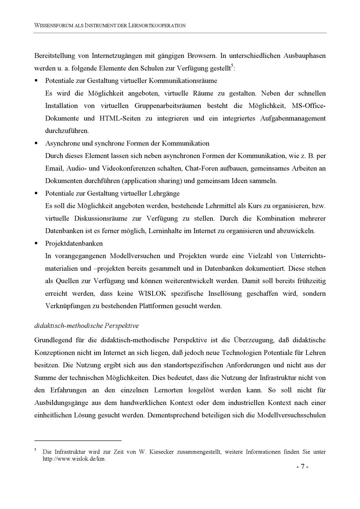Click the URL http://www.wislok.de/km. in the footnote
(x=74, y=459)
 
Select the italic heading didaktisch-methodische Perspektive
(x=86, y=326)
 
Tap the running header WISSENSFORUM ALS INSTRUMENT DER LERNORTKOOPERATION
(x=110, y=26)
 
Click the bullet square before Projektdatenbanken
(x=36, y=243)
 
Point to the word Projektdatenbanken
(x=74, y=244)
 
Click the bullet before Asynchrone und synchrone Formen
(x=36, y=143)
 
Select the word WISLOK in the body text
(x=152, y=294)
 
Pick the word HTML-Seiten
(x=120, y=118)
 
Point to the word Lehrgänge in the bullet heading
(x=164, y=194)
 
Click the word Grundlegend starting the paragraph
(x=53, y=340)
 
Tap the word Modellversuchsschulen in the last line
(x=291, y=415)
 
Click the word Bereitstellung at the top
(x=54, y=56)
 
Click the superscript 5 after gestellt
(x=232, y=66)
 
